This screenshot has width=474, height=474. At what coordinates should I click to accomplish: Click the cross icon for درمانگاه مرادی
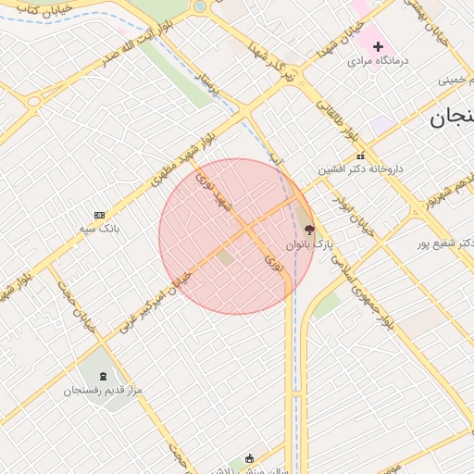click(378, 46)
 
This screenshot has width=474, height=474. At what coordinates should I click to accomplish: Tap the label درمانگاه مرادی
click(378, 61)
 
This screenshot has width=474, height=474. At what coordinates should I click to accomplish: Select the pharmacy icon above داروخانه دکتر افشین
click(360, 156)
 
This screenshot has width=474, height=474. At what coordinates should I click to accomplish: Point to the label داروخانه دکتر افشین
click(362, 169)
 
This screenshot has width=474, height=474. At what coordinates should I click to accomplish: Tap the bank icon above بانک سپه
click(100, 215)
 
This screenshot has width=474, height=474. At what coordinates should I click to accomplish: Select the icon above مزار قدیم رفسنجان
click(102, 376)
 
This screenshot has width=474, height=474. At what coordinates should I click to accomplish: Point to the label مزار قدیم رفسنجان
click(103, 390)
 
